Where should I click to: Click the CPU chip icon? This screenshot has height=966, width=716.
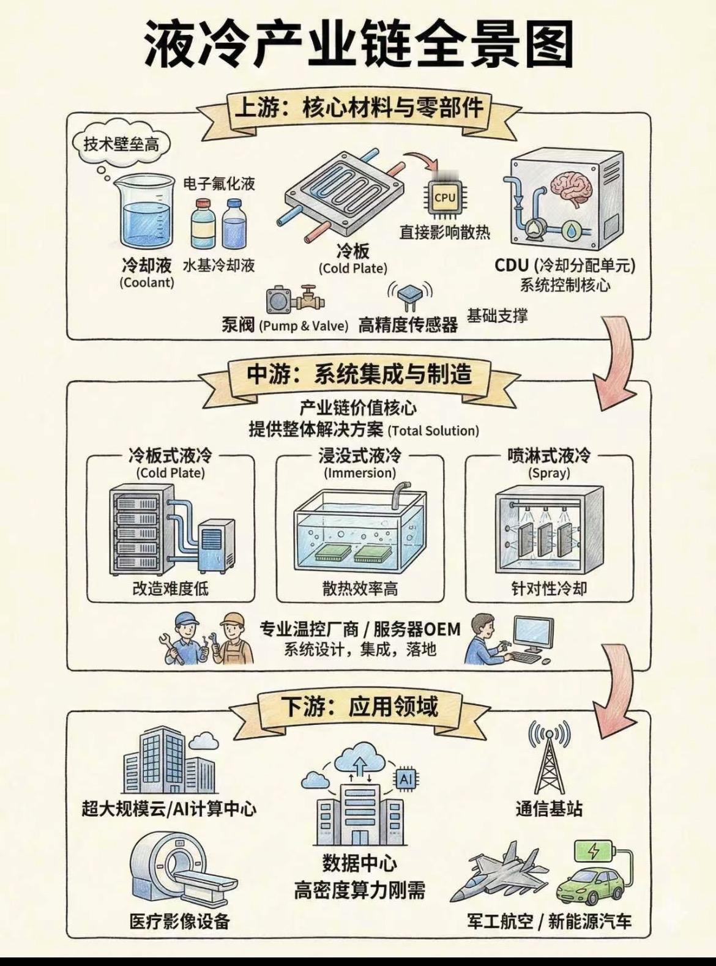[x=444, y=198]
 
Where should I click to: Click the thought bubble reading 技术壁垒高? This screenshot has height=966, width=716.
[x=121, y=144]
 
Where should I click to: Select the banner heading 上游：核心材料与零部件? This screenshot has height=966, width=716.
[x=359, y=109]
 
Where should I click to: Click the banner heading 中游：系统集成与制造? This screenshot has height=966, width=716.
[x=359, y=374]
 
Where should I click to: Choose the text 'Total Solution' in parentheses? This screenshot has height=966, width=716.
[x=434, y=431]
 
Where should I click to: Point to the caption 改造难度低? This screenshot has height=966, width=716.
[x=170, y=589]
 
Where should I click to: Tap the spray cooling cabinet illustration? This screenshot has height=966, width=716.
[x=549, y=527]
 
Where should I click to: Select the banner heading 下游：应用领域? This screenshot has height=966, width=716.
[x=359, y=707]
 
